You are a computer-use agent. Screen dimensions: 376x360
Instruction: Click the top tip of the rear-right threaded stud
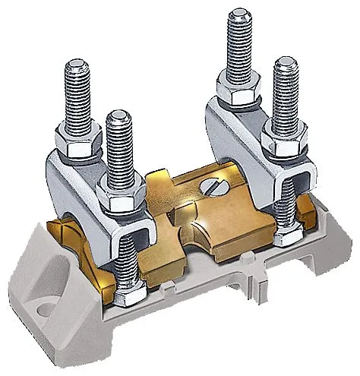click(x=237, y=13)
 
